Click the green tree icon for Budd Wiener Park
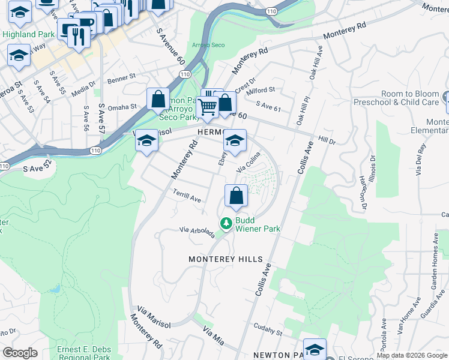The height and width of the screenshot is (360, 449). (226, 223)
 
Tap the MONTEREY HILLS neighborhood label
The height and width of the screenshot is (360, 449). (226, 259)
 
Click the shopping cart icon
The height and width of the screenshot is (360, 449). (207, 107)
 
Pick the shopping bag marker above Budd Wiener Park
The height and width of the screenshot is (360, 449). (237, 196)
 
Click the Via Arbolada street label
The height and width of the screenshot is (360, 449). (197, 232)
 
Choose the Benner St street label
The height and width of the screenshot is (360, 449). (122, 79)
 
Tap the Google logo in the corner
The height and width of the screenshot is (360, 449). (20, 353)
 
